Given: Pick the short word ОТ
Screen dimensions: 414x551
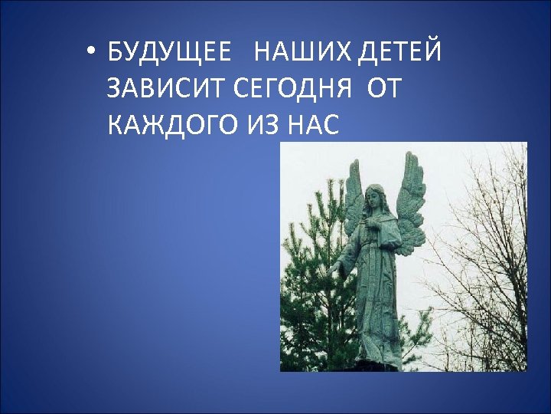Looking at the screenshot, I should [383, 89].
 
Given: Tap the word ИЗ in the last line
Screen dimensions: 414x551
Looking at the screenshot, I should [262, 123].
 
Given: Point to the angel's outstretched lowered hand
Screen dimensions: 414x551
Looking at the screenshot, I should [334, 268].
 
